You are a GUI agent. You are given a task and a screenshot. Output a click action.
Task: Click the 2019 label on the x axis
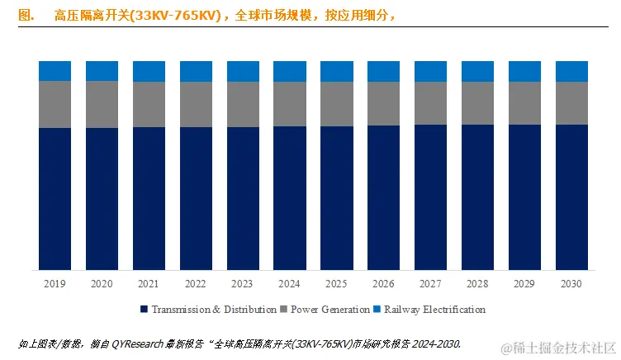[x=55, y=284]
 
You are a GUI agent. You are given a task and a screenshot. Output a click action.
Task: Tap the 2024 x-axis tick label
[x=290, y=284]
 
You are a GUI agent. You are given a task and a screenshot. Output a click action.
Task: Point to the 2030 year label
[x=571, y=284]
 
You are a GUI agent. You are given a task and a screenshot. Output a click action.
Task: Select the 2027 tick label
[x=430, y=284]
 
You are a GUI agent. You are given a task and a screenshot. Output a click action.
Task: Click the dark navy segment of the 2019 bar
[x=55, y=198]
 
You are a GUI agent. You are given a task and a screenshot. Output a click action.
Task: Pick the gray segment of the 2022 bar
[x=196, y=104]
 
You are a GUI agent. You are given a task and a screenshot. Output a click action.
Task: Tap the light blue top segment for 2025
[x=337, y=71]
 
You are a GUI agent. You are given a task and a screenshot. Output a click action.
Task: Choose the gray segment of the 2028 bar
[x=477, y=103]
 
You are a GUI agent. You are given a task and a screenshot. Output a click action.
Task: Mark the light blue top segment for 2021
[x=149, y=71]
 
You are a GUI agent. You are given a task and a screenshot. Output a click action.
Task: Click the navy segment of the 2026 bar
[x=383, y=197]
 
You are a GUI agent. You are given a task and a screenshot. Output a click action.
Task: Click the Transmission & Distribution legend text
[x=213, y=310]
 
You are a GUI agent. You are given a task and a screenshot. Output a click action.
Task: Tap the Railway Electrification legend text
[x=434, y=310]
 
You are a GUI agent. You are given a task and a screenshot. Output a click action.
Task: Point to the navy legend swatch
[x=144, y=310]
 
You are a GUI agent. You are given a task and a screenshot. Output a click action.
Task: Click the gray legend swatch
[x=285, y=310]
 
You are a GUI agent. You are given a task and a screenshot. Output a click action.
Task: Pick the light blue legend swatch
[x=377, y=310]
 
